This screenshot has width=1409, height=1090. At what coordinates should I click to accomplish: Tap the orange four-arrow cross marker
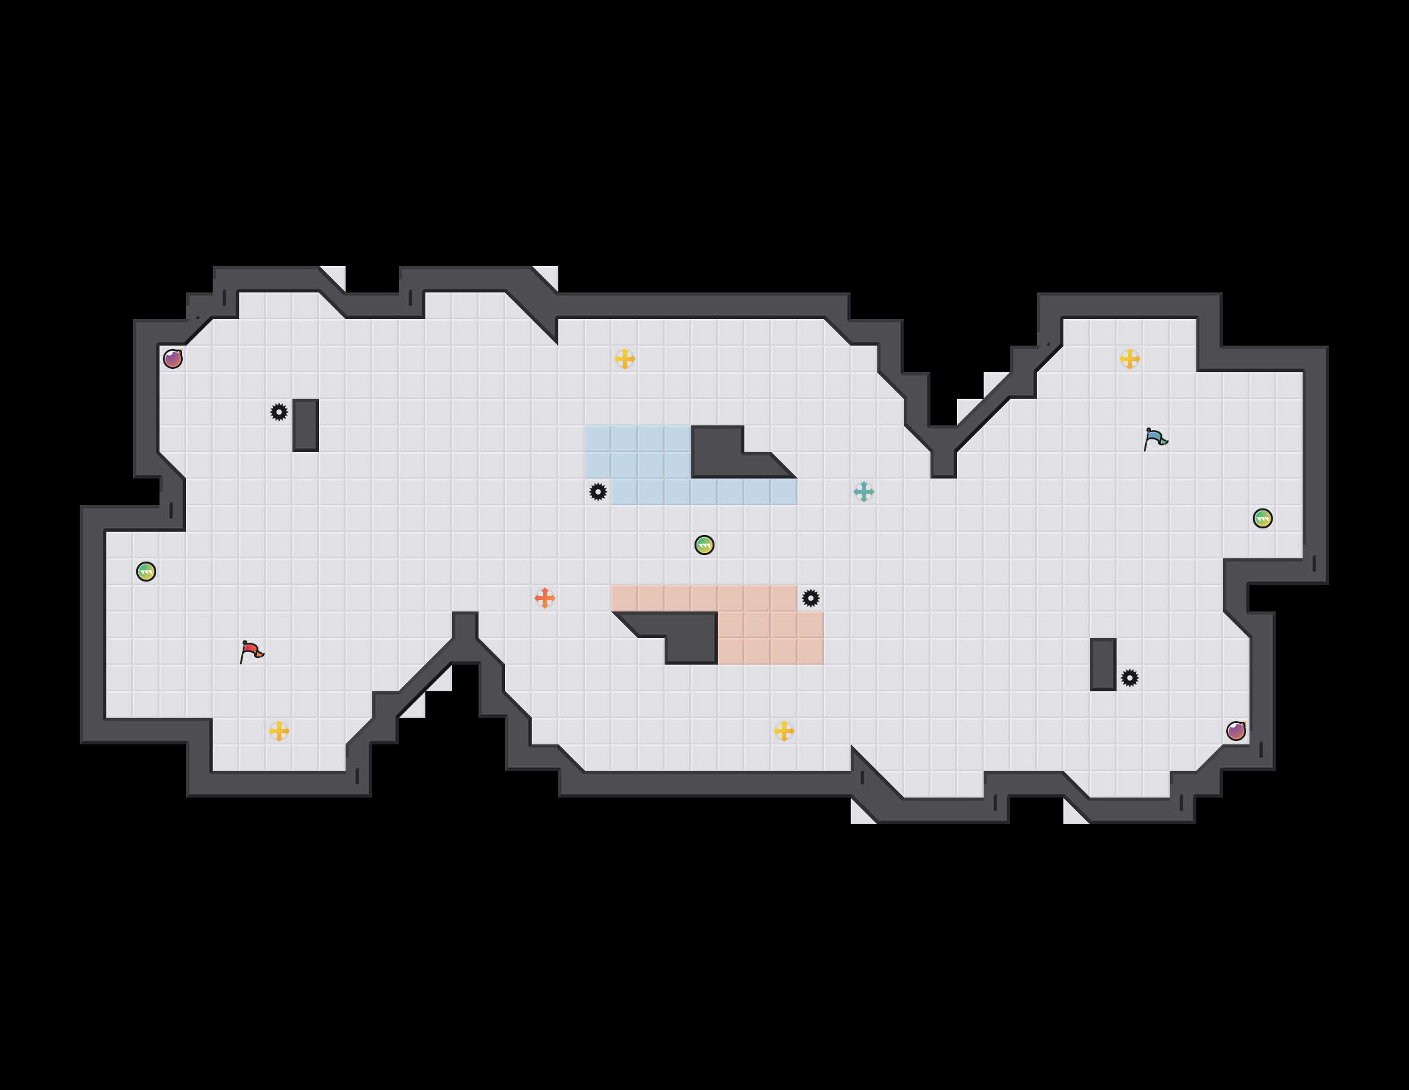coord(545,598)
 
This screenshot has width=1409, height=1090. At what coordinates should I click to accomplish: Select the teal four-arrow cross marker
coord(864,492)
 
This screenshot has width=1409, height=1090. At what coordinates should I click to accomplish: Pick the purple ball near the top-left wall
coord(173,359)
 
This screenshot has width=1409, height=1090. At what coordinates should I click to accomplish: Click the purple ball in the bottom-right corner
coord(1236,731)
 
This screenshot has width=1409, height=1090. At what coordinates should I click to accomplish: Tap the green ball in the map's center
coord(704,545)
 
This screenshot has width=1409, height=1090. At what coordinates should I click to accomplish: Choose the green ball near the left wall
coord(146,572)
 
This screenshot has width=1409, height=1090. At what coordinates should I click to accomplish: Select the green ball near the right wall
coord(1263,518)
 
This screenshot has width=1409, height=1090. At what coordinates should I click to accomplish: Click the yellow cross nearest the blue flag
coord(1130,359)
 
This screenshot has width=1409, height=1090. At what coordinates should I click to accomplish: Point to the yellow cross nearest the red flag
coord(279,731)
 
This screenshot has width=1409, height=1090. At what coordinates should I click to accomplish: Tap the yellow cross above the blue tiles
coord(625,359)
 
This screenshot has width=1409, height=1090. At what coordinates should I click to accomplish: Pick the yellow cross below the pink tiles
coord(784,731)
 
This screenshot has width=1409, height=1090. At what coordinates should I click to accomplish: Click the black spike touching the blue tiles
coord(598,492)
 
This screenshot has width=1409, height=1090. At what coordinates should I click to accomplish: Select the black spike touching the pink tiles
coord(811,598)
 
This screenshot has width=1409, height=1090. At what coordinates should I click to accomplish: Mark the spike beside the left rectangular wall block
coord(279,412)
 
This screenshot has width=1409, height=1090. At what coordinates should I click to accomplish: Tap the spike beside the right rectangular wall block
coord(1130,678)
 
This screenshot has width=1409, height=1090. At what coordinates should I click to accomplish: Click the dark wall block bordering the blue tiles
coord(718,452)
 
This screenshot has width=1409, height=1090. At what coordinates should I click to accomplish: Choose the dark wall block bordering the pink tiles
coord(691,638)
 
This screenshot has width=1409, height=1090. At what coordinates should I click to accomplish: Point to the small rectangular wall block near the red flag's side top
coord(306,425)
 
